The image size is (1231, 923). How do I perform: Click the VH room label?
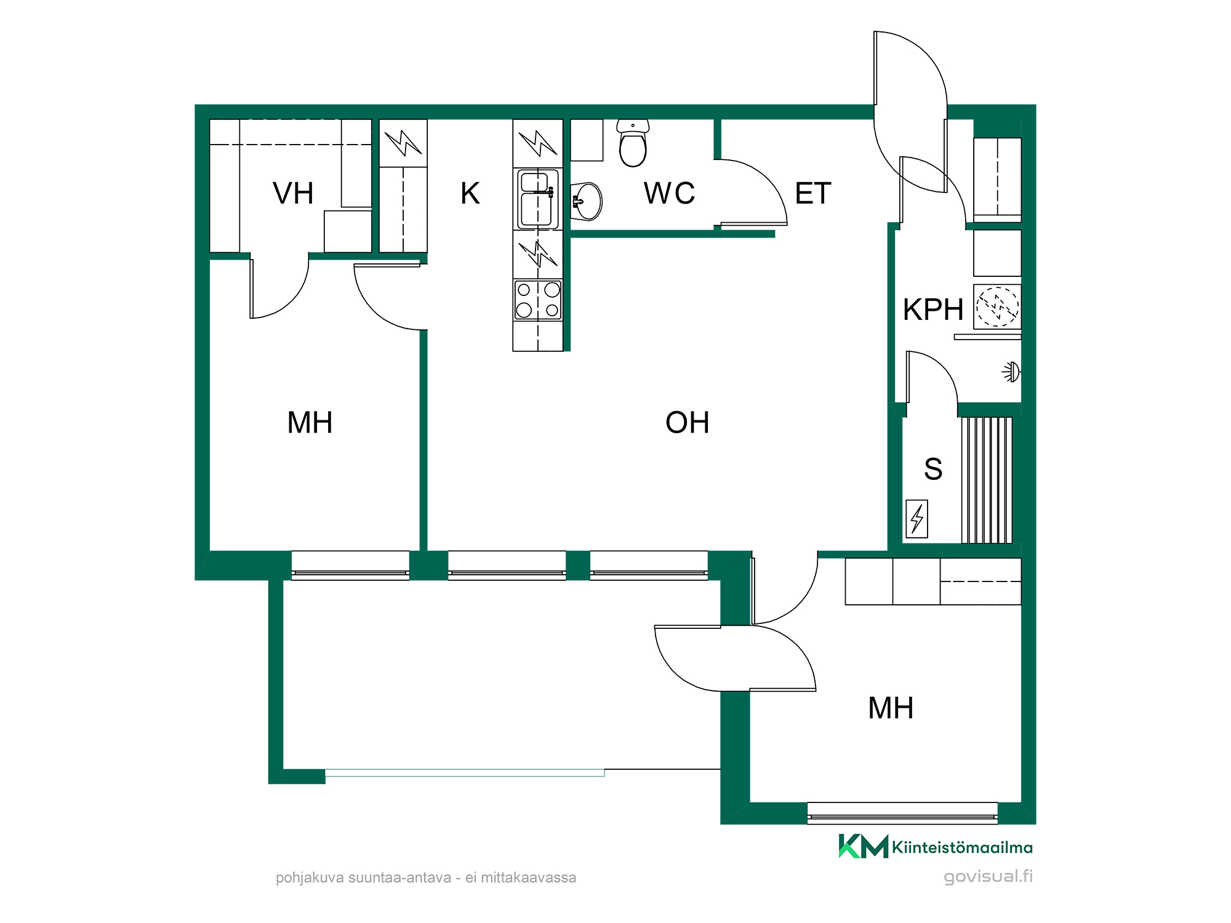coord(293,193)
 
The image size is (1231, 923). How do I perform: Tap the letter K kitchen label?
coord(470,193)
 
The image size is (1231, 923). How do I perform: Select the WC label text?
coord(669,193)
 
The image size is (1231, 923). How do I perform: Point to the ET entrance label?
coord(813,193)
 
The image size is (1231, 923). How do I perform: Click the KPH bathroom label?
coord(933,310)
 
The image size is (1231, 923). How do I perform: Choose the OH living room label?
coord(688,423)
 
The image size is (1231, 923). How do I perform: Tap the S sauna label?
coord(933,469)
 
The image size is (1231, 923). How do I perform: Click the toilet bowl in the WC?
coord(633,143)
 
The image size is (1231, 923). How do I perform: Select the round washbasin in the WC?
coord(587,201)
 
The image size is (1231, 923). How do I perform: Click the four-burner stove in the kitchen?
coord(538,300)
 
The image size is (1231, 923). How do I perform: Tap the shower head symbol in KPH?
coord(1011,372)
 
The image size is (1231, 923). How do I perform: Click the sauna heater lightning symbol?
coord(917,519)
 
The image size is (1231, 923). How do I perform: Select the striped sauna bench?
coord(987,480)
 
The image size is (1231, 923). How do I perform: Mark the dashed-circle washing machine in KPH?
coord(997,306)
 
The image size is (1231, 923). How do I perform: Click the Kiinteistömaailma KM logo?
coord(936,847)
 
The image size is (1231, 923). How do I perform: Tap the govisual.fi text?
coord(988,876)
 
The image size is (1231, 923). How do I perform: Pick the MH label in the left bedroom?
coord(310,423)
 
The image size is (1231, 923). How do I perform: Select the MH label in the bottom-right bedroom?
coord(891,708)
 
